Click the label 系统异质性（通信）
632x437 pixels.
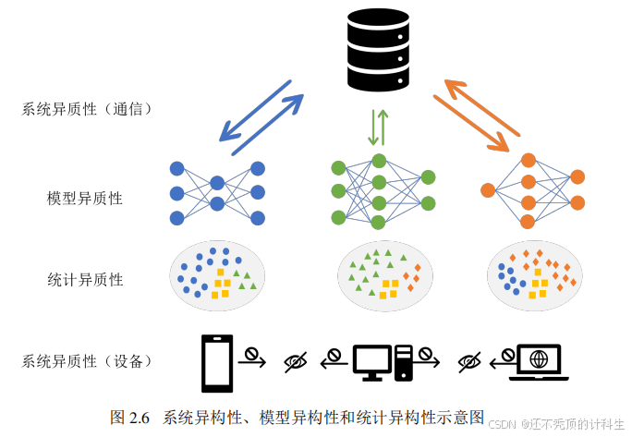(x=86, y=109)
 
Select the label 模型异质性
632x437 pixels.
(x=85, y=198)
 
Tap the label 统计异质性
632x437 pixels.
(x=85, y=279)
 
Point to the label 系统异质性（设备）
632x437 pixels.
(x=86, y=360)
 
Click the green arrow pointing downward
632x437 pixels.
(x=373, y=127)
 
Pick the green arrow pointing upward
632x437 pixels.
(x=384, y=127)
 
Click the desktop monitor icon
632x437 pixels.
(x=371, y=362)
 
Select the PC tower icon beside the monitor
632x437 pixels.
(x=403, y=361)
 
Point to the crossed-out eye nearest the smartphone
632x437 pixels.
(x=295, y=361)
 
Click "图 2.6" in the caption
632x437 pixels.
(x=129, y=417)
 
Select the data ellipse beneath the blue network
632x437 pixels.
(x=216, y=274)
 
